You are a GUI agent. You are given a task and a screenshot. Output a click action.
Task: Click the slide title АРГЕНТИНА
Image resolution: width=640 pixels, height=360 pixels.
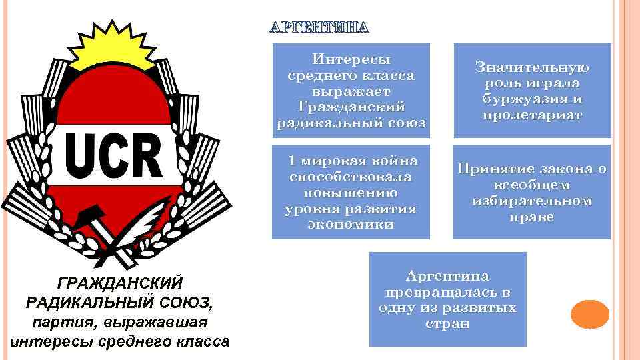coord(318,28)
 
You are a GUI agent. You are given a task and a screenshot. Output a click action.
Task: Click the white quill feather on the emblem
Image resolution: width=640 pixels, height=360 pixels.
coord(149,221)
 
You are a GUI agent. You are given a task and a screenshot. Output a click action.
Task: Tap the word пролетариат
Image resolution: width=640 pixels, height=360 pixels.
coord(532,115)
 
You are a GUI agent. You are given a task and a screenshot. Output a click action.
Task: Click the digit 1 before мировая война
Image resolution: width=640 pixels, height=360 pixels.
coord(291,161)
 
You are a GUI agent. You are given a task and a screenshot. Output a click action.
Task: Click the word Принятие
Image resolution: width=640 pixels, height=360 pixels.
coord(491,169)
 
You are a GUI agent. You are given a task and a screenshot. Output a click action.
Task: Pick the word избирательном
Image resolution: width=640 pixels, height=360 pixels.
coord(532,201)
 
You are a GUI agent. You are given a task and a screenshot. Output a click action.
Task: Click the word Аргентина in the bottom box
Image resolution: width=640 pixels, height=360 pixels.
coord(447,276)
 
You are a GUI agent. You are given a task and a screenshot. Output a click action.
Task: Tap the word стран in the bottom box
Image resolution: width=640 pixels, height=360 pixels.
coord(447,324)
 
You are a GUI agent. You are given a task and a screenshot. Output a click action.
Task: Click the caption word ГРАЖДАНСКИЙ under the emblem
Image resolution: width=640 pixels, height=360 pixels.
coord(117,283)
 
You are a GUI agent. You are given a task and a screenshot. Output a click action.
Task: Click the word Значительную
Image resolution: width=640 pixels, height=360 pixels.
coord(532,67)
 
